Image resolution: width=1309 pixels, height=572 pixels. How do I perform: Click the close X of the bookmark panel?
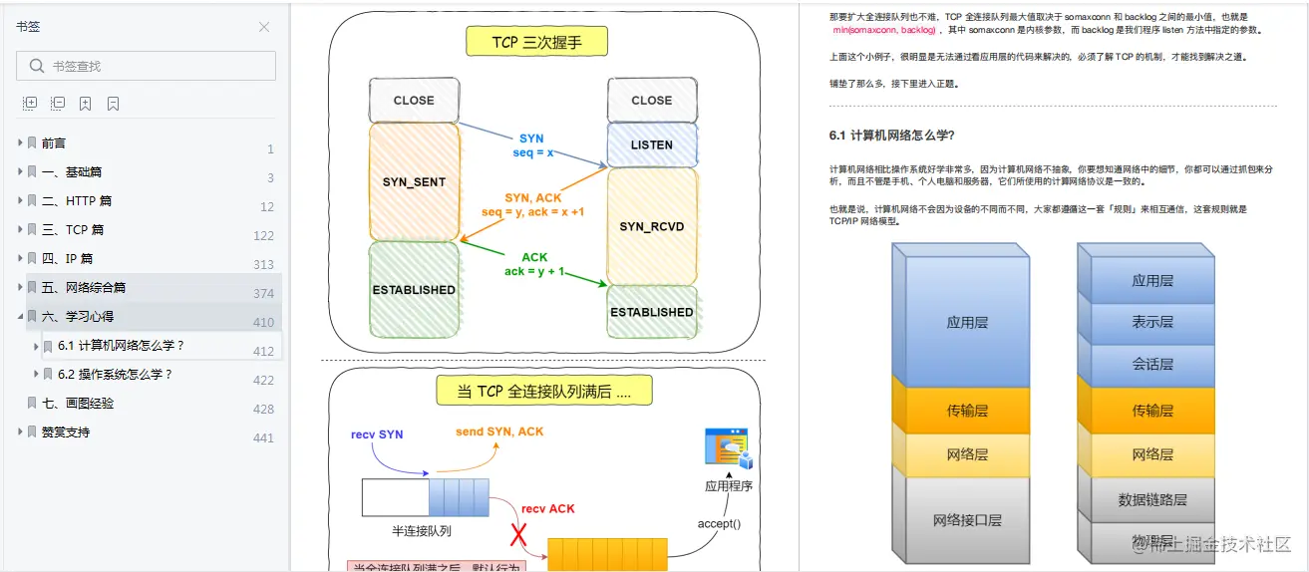click(x=264, y=27)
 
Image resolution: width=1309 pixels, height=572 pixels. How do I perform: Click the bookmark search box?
click(x=147, y=66)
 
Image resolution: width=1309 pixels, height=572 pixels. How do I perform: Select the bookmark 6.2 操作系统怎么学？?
click(x=116, y=375)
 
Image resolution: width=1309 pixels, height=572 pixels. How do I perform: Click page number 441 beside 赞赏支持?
click(x=263, y=437)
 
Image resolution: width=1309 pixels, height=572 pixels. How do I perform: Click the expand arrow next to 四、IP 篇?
click(x=20, y=258)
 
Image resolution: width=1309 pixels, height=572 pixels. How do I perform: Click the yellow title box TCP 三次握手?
click(x=536, y=42)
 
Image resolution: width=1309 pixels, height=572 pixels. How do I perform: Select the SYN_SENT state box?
click(x=414, y=181)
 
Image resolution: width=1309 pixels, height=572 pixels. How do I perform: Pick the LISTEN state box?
click(x=652, y=144)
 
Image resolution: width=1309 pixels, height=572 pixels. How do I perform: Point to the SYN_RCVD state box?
click(x=652, y=226)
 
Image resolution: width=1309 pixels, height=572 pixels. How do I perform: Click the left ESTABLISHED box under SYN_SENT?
click(x=414, y=290)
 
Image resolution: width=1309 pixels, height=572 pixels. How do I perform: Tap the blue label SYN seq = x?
click(x=532, y=145)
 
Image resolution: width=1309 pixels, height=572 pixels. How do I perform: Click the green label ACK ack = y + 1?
click(x=534, y=264)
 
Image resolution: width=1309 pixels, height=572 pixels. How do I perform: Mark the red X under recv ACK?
click(x=518, y=535)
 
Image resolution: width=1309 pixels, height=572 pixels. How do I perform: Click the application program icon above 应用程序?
click(x=727, y=448)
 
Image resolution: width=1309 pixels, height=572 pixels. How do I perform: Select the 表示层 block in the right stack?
click(x=1151, y=322)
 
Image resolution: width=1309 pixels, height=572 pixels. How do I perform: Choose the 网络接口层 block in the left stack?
click(x=967, y=520)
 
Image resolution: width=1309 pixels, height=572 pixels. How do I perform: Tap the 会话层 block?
click(x=1151, y=364)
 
